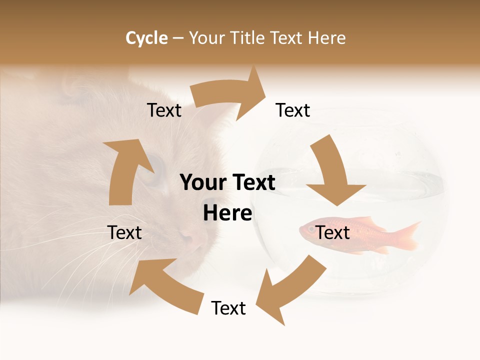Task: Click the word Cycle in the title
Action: pyautogui.click(x=146, y=38)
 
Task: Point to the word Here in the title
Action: pyautogui.click(x=327, y=38)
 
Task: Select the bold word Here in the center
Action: pyautogui.click(x=227, y=213)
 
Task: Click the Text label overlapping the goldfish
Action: pyautogui.click(x=332, y=232)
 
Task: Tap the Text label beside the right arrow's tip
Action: pyautogui.click(x=293, y=110)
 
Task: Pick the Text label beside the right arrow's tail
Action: pyautogui.click(x=164, y=110)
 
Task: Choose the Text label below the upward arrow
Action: pyautogui.click(x=124, y=232)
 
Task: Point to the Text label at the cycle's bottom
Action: pyautogui.click(x=228, y=308)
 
